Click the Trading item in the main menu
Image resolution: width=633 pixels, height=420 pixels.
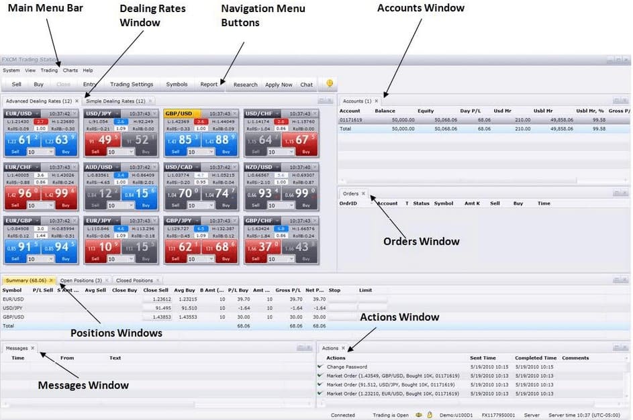49,70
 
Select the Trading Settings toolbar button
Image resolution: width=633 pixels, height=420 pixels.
132,85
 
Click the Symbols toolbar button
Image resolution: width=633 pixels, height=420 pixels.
177,85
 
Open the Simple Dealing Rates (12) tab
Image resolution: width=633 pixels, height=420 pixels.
115,101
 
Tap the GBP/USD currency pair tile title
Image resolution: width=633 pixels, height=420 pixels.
179,113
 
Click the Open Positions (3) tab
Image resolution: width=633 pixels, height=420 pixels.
81,280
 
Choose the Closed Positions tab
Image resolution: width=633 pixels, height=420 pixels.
134,280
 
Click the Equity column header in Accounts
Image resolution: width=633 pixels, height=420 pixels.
426,111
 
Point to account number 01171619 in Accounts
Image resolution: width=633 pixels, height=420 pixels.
350,119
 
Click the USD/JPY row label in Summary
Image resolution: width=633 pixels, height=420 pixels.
13,307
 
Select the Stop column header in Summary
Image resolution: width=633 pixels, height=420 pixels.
334,291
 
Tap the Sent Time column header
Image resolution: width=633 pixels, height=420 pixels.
483,358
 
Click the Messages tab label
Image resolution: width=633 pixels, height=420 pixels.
17,348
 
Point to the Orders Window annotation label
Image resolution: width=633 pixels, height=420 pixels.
421,242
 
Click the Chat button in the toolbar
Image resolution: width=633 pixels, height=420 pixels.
306,85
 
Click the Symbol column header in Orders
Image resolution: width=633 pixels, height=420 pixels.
444,203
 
